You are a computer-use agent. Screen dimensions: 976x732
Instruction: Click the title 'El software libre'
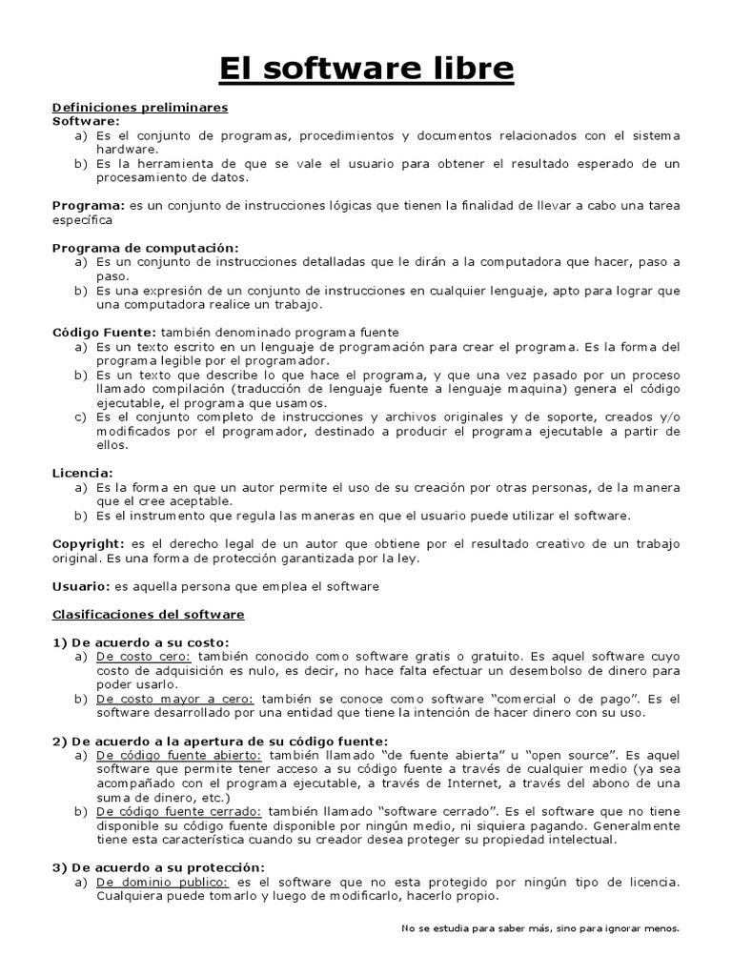tap(366, 69)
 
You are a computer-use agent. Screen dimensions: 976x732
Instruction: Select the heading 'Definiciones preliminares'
tap(139, 107)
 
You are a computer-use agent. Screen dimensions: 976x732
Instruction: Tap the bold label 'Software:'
tap(86, 121)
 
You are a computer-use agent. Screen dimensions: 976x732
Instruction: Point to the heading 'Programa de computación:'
tap(145, 248)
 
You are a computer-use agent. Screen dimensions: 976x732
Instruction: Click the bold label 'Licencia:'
tap(83, 473)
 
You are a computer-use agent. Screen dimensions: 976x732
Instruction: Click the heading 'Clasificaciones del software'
tap(148, 615)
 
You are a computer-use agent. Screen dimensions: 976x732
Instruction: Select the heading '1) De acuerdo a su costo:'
tap(141, 642)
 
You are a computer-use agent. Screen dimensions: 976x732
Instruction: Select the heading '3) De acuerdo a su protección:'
tap(157, 867)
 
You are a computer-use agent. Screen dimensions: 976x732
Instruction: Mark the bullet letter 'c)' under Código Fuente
tap(81, 417)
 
